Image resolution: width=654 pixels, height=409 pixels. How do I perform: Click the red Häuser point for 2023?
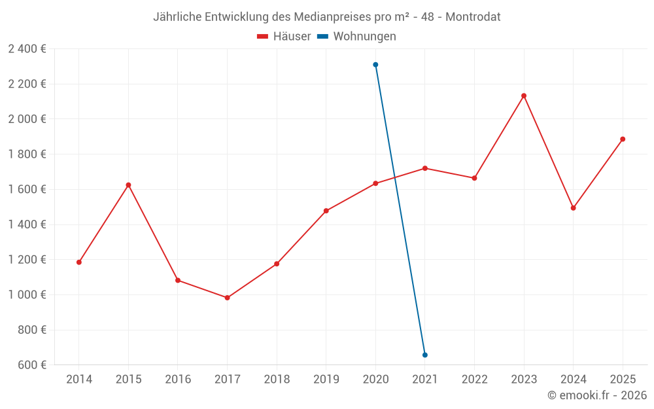click(x=524, y=96)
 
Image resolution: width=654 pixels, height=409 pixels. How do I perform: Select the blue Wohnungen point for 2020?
click(x=375, y=65)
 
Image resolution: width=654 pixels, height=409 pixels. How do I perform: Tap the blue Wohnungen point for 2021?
click(x=425, y=355)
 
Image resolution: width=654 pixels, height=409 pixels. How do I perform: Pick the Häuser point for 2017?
click(x=227, y=298)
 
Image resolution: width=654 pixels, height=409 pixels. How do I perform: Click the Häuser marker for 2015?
click(x=128, y=185)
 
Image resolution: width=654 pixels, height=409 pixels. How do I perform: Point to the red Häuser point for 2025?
click(x=623, y=139)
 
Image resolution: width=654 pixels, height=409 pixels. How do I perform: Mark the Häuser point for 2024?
click(x=573, y=208)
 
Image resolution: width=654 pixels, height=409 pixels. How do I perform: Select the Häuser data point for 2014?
click(x=79, y=262)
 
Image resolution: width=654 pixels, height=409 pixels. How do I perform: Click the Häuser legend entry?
click(x=284, y=37)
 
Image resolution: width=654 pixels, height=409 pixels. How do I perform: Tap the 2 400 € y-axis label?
click(x=27, y=48)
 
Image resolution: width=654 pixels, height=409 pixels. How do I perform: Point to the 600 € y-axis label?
click(x=31, y=365)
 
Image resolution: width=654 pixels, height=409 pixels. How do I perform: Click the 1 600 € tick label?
click(x=27, y=189)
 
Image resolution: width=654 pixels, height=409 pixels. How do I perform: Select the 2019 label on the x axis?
click(x=326, y=380)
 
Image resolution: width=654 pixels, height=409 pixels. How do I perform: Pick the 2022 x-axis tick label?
click(x=474, y=380)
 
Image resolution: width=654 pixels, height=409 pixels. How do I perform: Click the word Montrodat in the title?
click(x=473, y=17)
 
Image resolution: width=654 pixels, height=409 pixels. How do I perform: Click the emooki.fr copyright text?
click(x=597, y=395)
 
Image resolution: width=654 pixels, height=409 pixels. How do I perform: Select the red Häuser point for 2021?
click(x=425, y=168)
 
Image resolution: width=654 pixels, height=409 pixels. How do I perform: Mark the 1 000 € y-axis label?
click(x=27, y=294)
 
